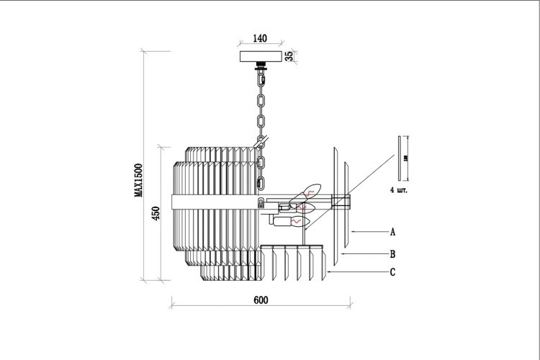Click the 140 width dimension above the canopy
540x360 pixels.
[261, 37]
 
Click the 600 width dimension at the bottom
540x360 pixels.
[261, 300]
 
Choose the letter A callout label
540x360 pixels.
[392, 233]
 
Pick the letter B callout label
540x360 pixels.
[392, 253]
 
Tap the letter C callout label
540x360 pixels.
[392, 272]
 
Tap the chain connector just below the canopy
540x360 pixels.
[261, 70]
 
